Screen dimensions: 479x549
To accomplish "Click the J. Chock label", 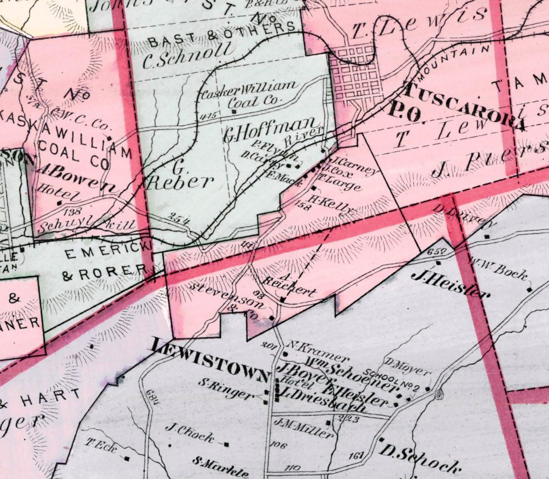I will (x=189, y=432).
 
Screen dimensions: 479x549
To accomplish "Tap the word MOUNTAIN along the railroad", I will (x=454, y=59).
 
